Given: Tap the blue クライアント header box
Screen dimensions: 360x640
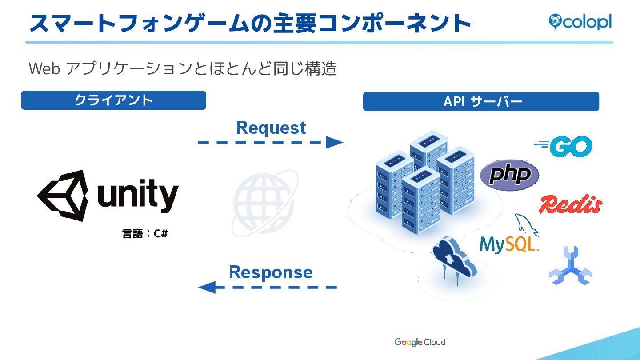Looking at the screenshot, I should tap(113, 100).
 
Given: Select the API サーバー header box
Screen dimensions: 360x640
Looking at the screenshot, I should tap(481, 102).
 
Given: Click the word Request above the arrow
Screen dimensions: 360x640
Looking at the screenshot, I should tap(271, 128).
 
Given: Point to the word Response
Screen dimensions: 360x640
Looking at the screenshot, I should tap(271, 272).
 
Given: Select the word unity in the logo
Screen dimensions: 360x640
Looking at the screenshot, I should tap(138, 196).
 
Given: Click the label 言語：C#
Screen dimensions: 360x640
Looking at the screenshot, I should tap(145, 234).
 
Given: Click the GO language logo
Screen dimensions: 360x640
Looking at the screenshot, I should tap(564, 147).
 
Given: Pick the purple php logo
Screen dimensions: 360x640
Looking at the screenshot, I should tap(509, 175).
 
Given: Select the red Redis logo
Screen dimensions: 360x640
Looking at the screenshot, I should tap(570, 204).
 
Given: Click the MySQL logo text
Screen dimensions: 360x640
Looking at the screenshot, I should tap(509, 244).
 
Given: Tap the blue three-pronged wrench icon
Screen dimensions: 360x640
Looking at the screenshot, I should tap(571, 266).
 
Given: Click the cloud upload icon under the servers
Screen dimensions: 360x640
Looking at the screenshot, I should tap(453, 258).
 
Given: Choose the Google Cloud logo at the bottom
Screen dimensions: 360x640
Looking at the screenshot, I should tap(420, 342).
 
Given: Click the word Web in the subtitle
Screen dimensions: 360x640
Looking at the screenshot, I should tap(44, 69).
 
